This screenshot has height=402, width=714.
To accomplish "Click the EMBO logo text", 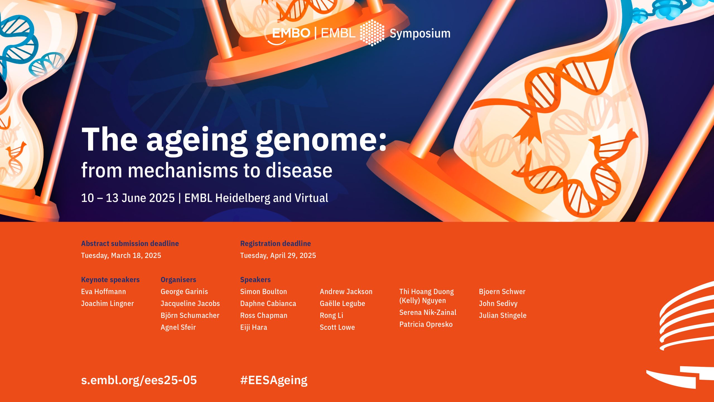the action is (x=291, y=33).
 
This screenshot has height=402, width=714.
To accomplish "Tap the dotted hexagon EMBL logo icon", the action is (x=372, y=33).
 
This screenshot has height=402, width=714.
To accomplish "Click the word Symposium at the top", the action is (x=420, y=33).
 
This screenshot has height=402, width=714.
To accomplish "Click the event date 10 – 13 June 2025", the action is (x=128, y=198).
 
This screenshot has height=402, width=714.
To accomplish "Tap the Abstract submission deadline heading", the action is (x=130, y=243).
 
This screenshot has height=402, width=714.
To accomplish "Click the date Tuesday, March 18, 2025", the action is (x=121, y=255).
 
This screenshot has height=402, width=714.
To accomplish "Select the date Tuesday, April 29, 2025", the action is (x=278, y=255).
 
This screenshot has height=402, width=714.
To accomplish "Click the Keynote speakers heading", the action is (x=110, y=280).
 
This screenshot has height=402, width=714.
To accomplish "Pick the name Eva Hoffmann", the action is (x=103, y=291).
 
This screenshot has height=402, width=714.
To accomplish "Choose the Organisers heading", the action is (x=178, y=280).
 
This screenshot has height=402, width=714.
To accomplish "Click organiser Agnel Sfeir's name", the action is (x=178, y=327).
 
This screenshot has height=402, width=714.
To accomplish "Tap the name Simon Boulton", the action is (x=264, y=291).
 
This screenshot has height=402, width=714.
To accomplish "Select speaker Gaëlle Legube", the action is (x=342, y=303).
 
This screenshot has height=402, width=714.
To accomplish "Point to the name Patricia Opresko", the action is (x=426, y=324).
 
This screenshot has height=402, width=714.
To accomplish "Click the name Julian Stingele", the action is (x=503, y=315).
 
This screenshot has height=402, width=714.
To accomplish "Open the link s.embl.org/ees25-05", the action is (x=139, y=380).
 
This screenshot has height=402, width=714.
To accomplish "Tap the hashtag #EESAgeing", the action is (x=274, y=380).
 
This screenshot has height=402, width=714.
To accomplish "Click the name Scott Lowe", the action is (x=337, y=327).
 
